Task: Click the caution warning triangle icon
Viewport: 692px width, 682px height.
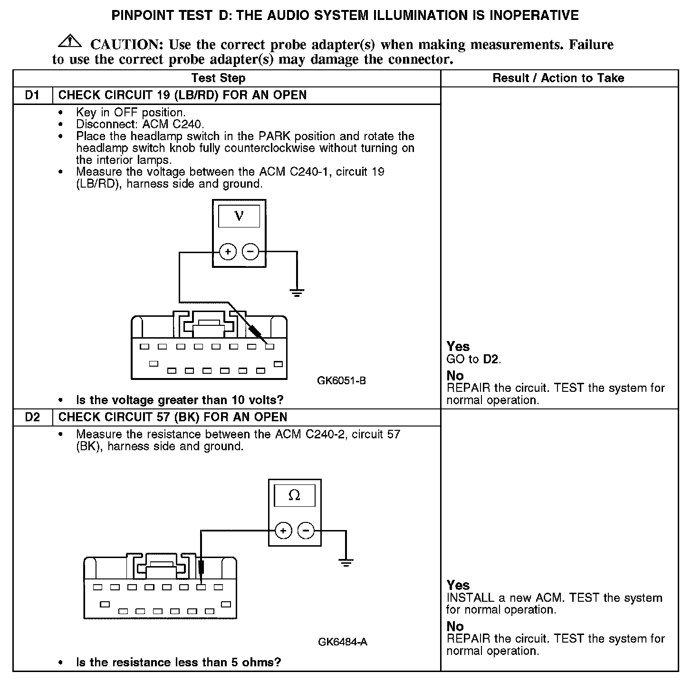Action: click(x=70, y=41)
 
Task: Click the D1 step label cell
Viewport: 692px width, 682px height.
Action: click(x=32, y=95)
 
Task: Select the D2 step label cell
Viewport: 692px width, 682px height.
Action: click(x=32, y=417)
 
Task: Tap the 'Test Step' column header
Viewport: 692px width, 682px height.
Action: click(x=218, y=78)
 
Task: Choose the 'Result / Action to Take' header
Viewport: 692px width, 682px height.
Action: click(x=558, y=78)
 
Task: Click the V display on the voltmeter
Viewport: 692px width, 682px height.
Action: click(x=239, y=216)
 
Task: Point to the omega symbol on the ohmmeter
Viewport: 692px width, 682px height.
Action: click(x=294, y=495)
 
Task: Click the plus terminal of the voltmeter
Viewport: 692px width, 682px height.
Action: click(x=228, y=251)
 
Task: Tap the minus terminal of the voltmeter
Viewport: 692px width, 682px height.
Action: click(x=250, y=251)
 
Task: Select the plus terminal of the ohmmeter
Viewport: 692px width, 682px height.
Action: click(x=283, y=530)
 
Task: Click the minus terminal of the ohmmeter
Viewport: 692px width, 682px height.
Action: click(x=306, y=530)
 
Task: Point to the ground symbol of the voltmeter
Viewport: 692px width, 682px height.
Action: click(x=297, y=293)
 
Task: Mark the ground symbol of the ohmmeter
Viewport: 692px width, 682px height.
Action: click(x=346, y=563)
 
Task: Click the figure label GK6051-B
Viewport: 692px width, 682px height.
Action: click(x=341, y=381)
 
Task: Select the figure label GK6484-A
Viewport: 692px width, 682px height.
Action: click(x=343, y=642)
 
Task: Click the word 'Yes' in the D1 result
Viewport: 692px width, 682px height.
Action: click(x=458, y=347)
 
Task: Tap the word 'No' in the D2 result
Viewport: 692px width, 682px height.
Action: click(x=455, y=626)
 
